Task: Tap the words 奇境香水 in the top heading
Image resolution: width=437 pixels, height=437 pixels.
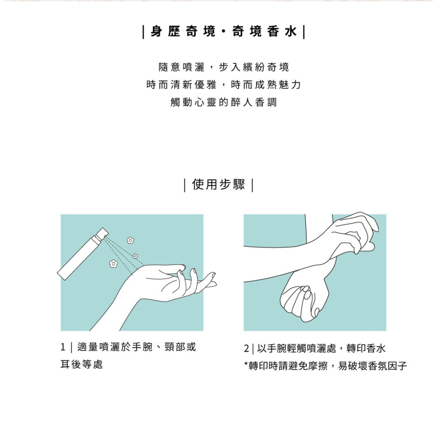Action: pos(264,32)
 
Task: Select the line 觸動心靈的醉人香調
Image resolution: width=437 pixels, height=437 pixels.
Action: pos(223,103)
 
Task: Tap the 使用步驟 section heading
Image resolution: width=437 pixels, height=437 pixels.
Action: pos(218,185)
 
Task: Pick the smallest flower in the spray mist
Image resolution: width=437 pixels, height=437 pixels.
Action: pos(135,255)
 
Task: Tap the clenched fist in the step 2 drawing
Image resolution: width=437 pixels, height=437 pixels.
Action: pos(302,302)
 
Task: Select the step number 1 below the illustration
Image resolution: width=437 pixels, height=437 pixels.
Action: pos(63,348)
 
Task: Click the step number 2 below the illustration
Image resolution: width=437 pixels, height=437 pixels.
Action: pos(246,349)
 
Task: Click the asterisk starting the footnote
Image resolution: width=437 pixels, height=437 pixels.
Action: pos(246,364)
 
